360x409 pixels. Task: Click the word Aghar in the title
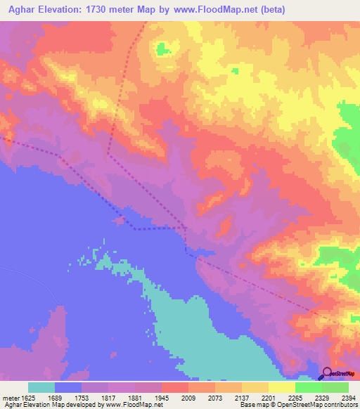click(x=22, y=10)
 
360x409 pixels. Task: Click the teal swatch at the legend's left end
click(x=41, y=387)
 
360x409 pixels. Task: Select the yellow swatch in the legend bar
click(x=282, y=387)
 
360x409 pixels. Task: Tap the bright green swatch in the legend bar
click(x=309, y=387)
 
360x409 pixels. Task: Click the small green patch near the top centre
click(x=163, y=48)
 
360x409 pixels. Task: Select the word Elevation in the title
click(x=67, y=10)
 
